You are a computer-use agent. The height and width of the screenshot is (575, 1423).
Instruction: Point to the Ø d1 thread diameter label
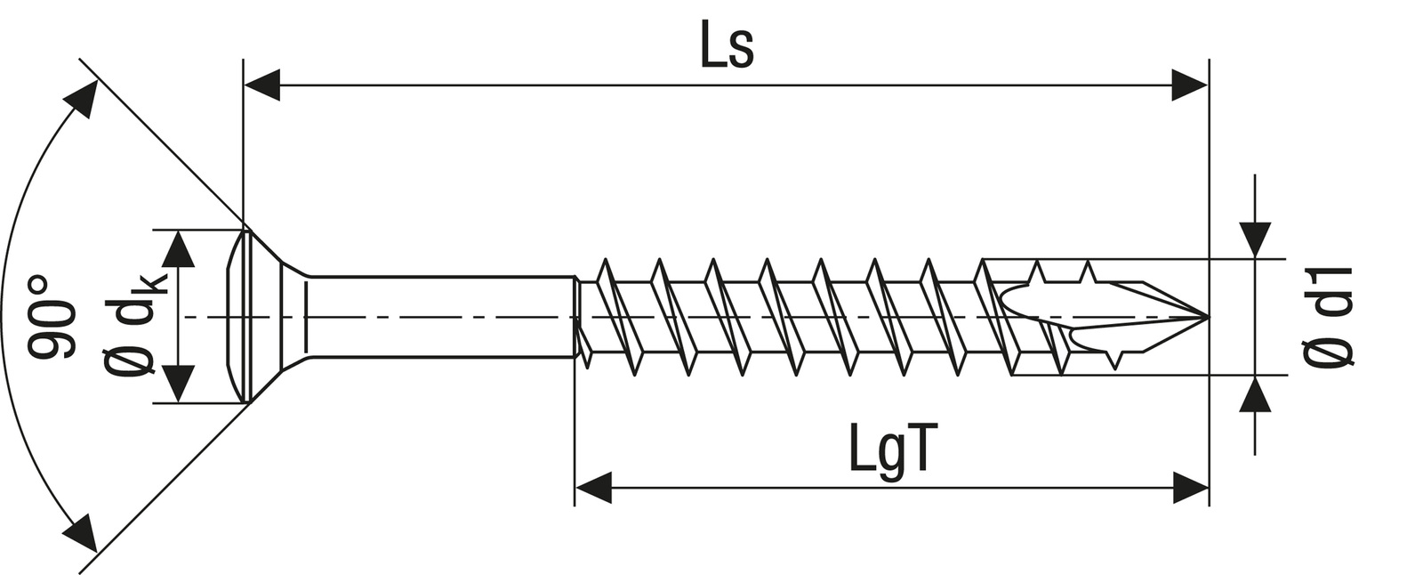click(1329, 316)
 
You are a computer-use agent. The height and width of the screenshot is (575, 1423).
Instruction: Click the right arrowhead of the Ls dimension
click(1189, 85)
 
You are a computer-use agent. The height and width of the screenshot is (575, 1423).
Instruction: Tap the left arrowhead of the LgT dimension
click(593, 488)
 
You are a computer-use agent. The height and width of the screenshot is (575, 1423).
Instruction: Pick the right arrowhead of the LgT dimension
click(1191, 488)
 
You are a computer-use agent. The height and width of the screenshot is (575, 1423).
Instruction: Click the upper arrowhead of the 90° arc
click(83, 99)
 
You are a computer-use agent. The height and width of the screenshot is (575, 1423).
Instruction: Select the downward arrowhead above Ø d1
click(1255, 239)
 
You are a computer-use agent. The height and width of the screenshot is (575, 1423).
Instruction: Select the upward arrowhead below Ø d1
click(1255, 394)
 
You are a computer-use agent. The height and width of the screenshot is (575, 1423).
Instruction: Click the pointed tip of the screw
click(1205, 317)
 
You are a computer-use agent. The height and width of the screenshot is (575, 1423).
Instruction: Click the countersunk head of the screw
click(258, 317)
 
